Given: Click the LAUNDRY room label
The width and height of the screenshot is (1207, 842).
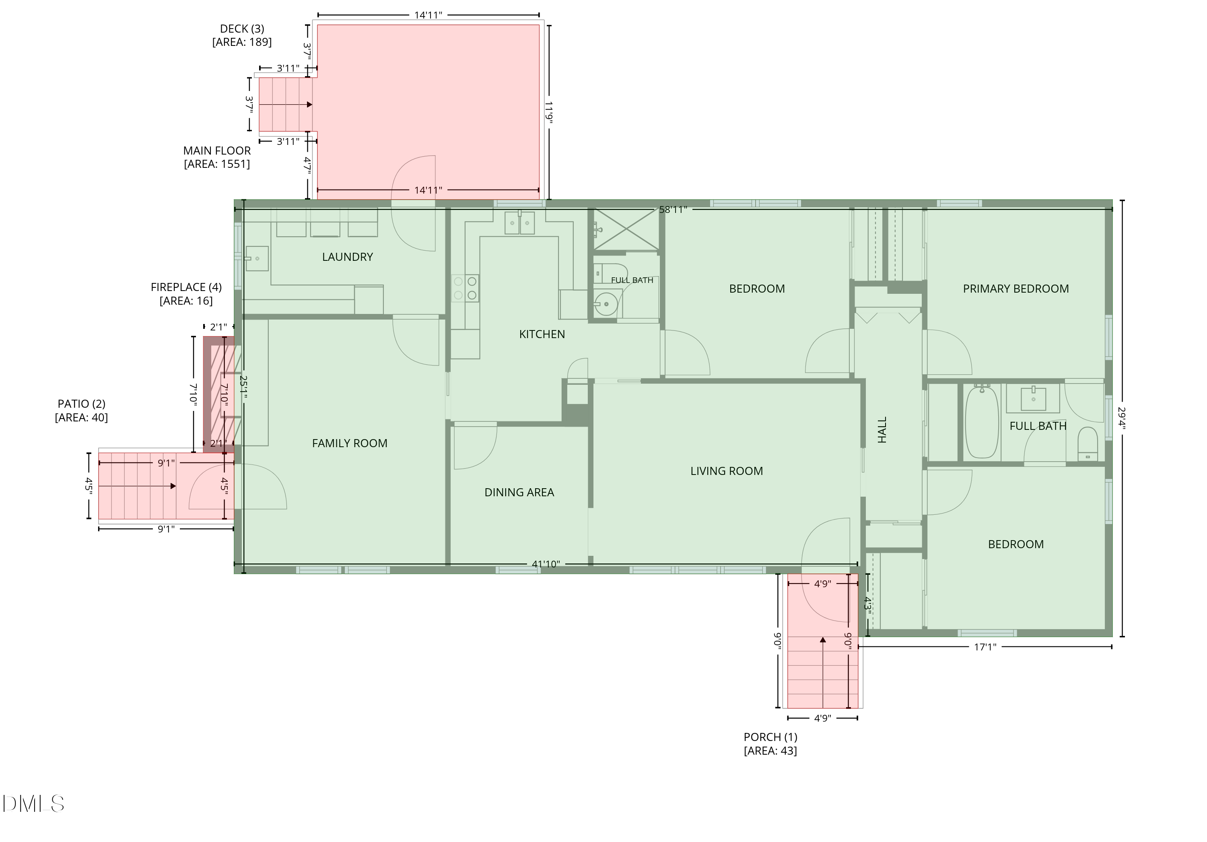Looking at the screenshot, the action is click(x=348, y=257).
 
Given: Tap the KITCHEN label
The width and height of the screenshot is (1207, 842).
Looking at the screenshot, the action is click(x=542, y=334).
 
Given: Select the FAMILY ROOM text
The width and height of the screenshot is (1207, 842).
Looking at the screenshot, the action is click(x=350, y=444).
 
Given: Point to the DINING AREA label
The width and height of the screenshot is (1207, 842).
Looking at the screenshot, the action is click(x=519, y=492).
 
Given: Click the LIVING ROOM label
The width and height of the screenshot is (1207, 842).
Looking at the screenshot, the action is click(x=727, y=471).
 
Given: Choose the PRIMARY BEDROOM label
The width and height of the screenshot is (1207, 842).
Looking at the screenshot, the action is click(x=1015, y=289).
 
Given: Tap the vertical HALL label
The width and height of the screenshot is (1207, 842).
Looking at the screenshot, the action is click(x=883, y=430).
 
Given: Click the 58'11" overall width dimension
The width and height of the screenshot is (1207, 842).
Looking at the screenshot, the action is click(x=673, y=209).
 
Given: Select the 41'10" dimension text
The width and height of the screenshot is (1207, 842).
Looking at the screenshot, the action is click(x=546, y=564).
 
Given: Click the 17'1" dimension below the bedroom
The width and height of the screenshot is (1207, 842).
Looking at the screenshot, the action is click(x=985, y=647).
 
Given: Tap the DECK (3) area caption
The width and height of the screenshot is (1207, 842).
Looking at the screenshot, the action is click(x=242, y=35).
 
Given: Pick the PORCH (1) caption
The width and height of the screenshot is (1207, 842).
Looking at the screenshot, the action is click(x=770, y=744).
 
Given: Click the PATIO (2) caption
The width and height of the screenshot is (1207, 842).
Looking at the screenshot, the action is click(x=82, y=411).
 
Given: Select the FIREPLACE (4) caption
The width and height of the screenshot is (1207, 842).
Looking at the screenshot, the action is click(x=186, y=294).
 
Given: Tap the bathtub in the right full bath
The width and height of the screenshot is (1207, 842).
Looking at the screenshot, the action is click(x=981, y=422).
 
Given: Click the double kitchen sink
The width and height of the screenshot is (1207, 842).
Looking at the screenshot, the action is click(x=519, y=223).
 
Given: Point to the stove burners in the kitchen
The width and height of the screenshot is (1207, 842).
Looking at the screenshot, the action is click(x=465, y=288).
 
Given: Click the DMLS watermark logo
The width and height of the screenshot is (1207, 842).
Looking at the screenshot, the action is click(x=33, y=804).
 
